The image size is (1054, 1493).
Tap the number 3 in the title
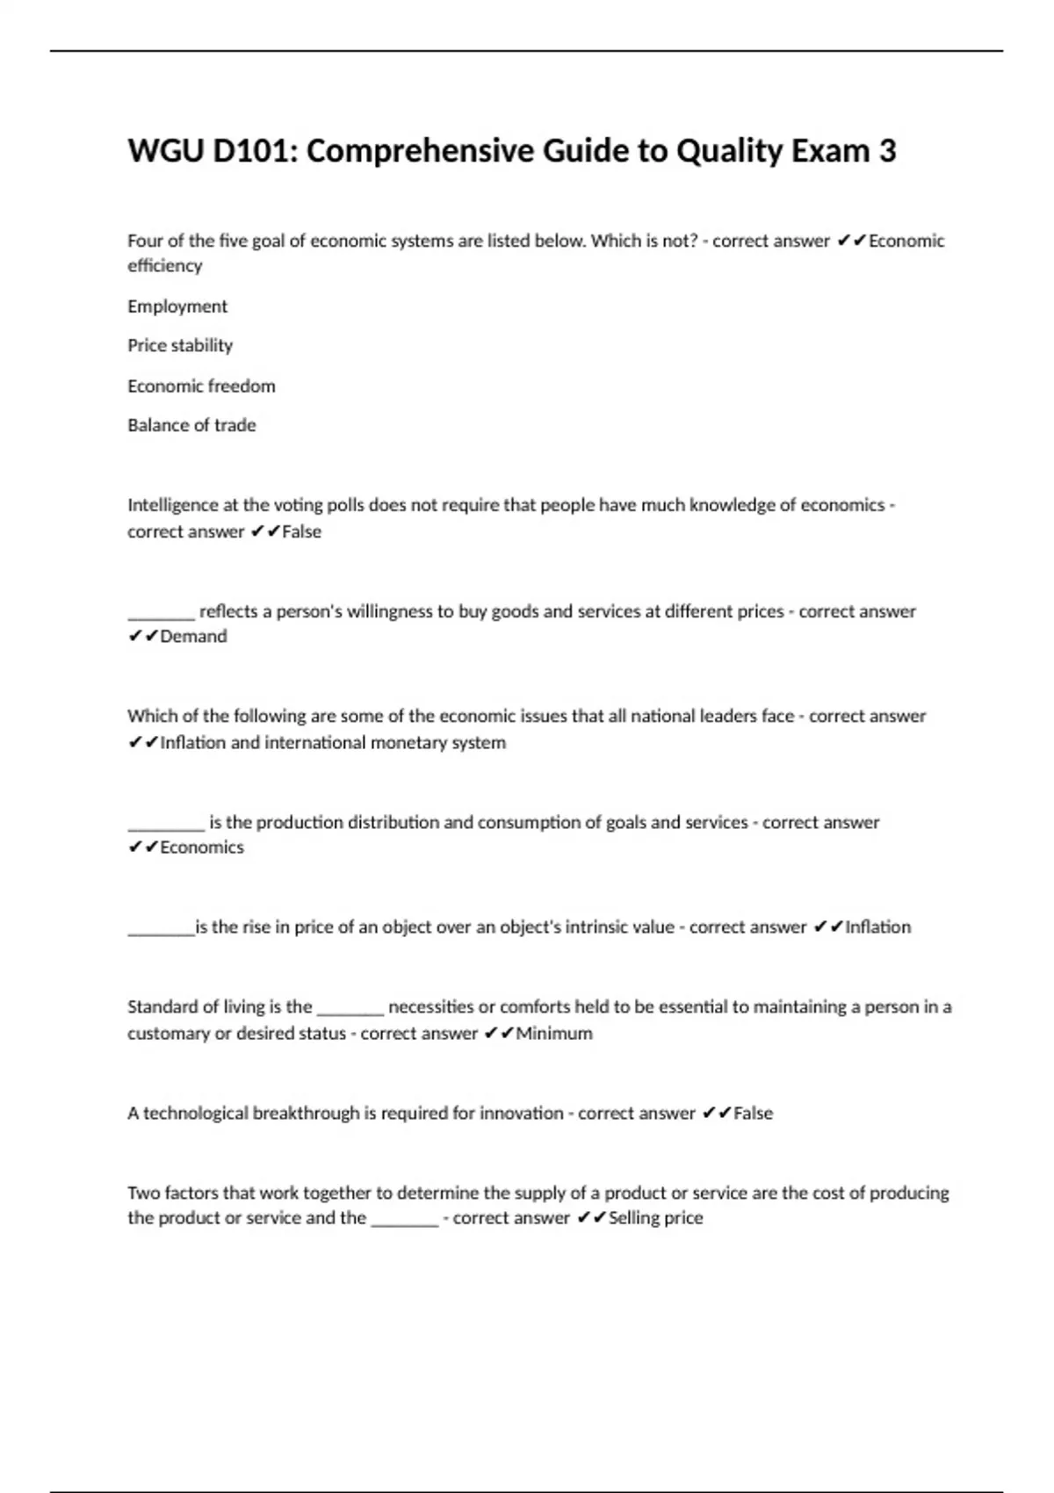coord(887,151)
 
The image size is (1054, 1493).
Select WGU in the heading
coord(166,151)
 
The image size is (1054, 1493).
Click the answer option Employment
coord(177,307)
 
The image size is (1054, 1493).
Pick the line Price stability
coord(180,345)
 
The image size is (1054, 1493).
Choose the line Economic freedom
coord(201,386)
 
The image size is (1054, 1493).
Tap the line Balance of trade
coord(191,425)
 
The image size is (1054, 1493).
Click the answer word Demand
coord(193,636)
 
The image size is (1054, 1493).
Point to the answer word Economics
coord(202,847)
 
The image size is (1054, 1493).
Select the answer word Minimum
coord(554,1033)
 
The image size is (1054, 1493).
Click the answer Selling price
coord(655,1217)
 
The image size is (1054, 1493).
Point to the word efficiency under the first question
coord(165,265)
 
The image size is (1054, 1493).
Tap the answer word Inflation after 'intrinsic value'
coord(877,927)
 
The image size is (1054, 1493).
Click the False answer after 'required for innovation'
coord(753,1113)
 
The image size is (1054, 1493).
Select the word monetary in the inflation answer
coord(408,742)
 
